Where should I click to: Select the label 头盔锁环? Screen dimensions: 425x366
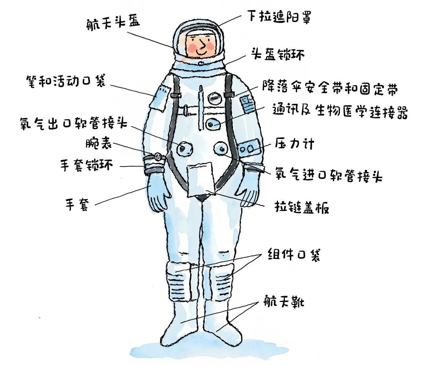click(x=278, y=54)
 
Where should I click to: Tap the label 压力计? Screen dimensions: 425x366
click(x=294, y=144)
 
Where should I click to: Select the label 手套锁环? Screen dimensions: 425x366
click(x=86, y=165)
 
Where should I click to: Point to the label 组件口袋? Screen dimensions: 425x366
click(x=294, y=255)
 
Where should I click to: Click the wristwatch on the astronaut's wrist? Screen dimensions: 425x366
click(x=157, y=157)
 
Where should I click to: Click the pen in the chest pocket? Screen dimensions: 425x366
click(x=201, y=98)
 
